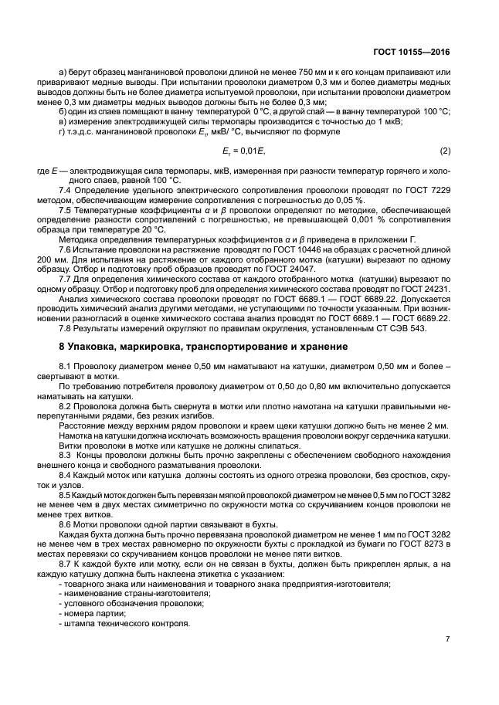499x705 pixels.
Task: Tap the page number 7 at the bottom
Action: (x=447, y=639)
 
